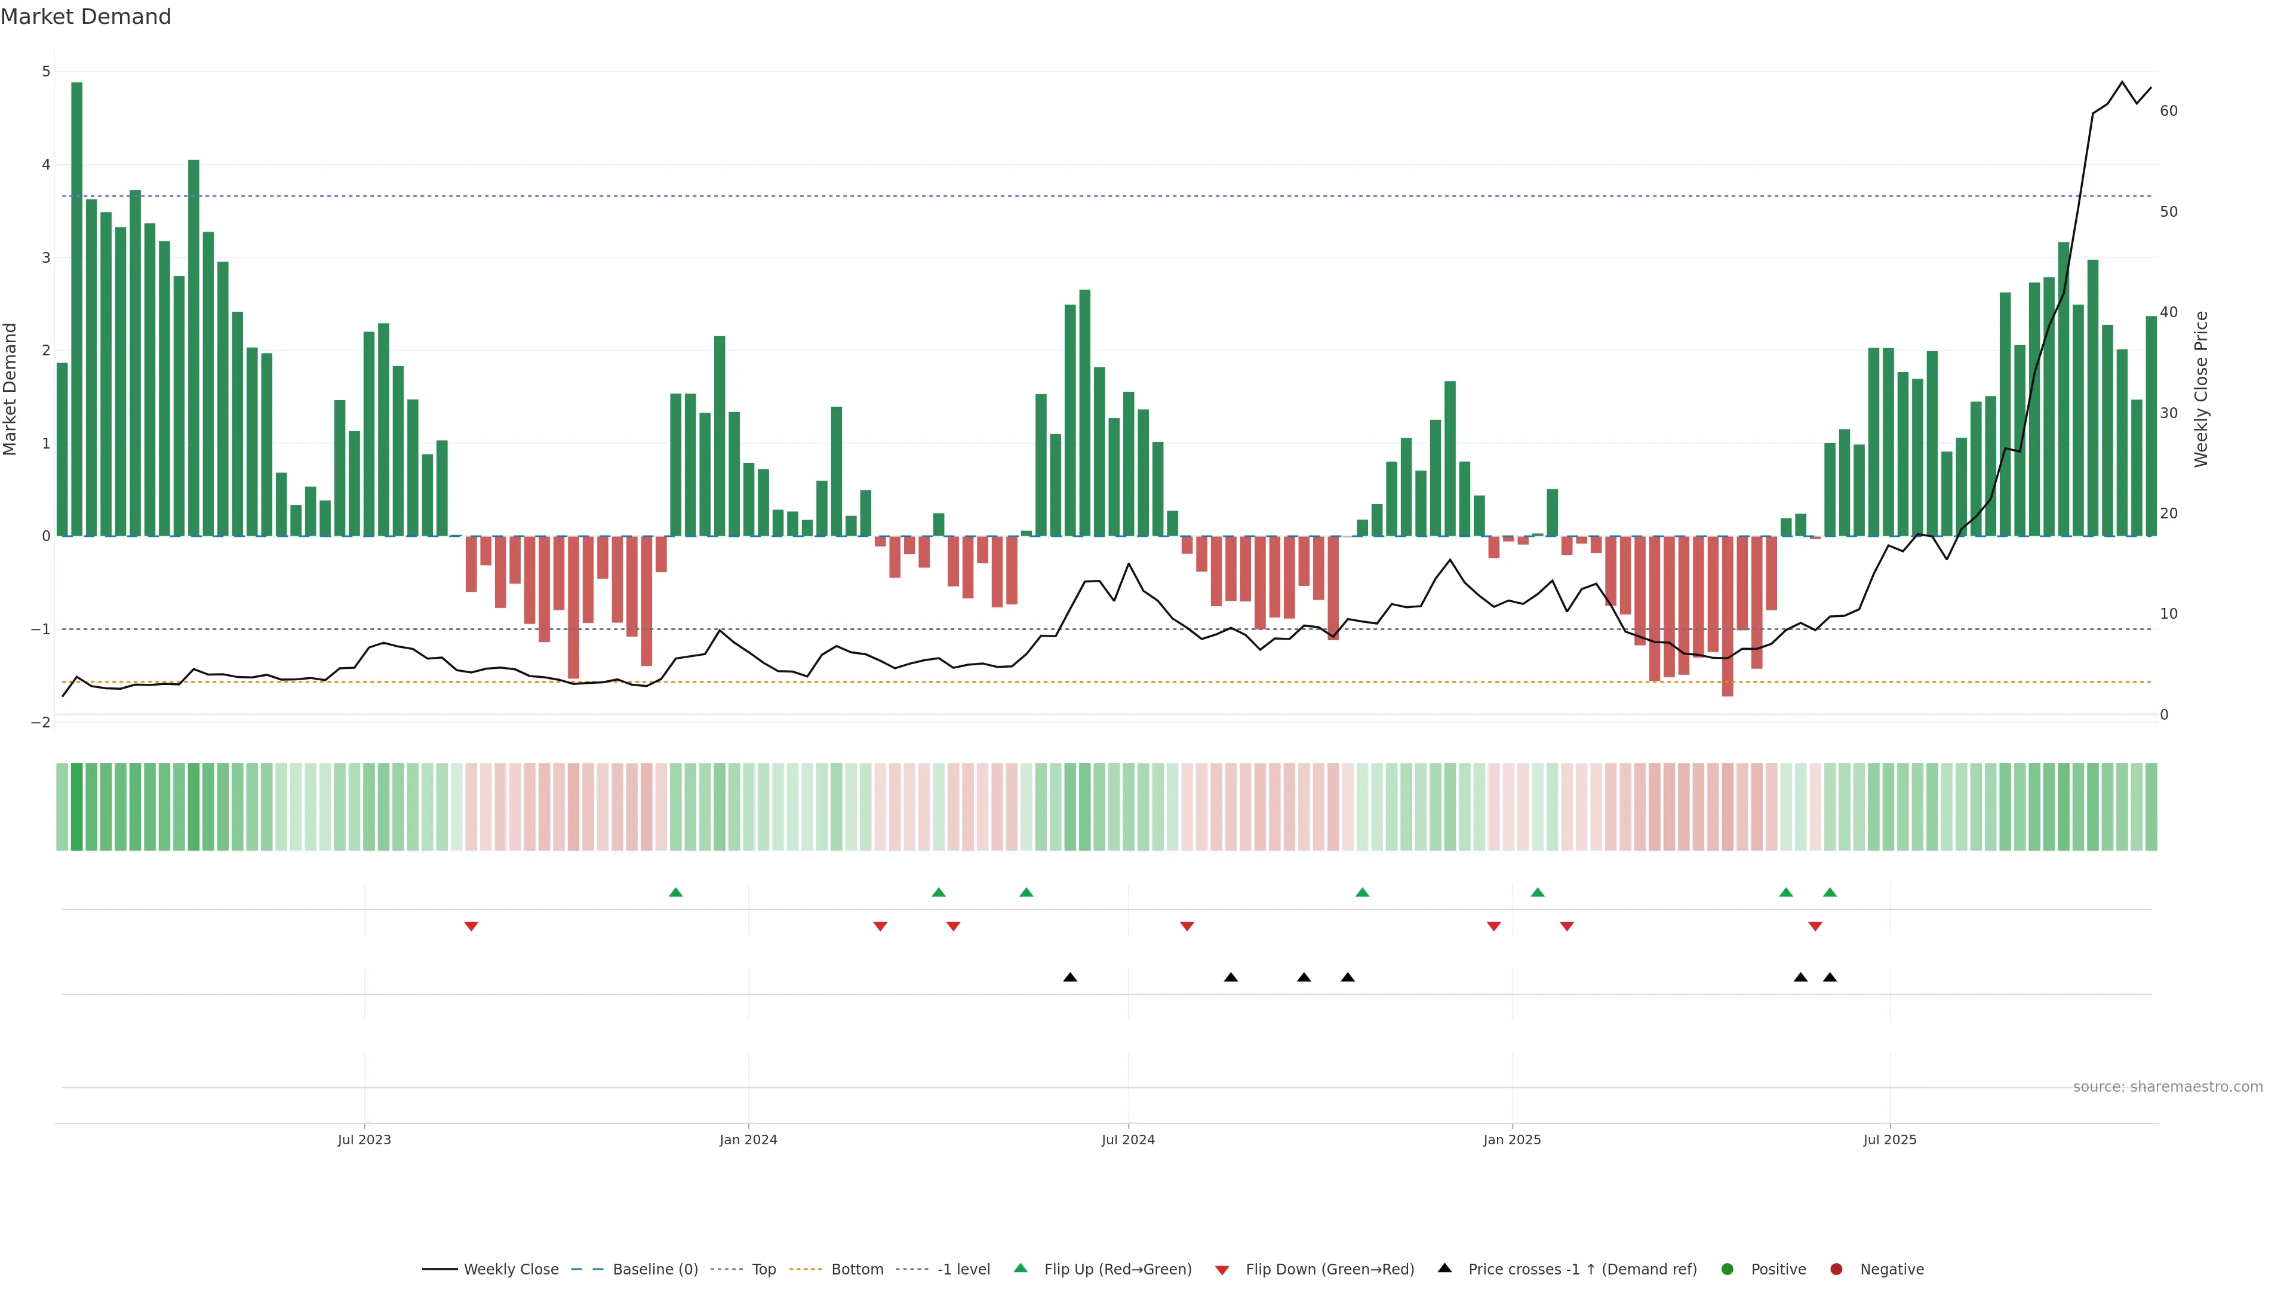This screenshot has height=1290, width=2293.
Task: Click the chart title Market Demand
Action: coord(85,17)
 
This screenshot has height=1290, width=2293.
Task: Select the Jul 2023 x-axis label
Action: coord(364,1139)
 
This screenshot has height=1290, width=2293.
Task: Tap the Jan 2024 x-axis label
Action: coord(748,1139)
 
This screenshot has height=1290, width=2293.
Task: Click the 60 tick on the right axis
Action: coord(2168,111)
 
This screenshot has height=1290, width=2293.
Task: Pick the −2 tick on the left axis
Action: coord(41,722)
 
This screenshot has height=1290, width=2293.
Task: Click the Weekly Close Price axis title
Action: coord(2200,389)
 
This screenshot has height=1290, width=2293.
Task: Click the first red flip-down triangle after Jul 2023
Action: coord(471,927)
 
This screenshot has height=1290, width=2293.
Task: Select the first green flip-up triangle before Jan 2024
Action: coord(675,892)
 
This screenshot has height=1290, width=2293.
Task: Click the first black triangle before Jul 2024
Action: coord(1070,978)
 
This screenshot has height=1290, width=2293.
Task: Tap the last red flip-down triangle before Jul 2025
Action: coord(1815,927)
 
